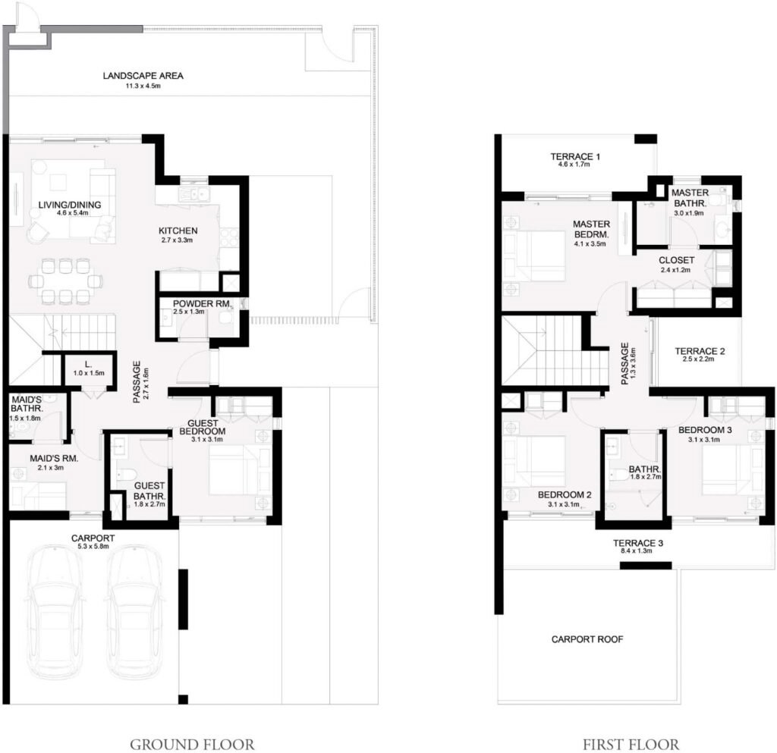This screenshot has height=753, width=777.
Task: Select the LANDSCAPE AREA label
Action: coord(143,76)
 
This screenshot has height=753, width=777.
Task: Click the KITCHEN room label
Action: coord(178,231)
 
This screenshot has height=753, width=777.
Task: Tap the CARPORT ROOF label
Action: coord(587,639)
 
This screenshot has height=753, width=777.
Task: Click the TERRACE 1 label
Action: coord(575,157)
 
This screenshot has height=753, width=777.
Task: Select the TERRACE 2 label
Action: coord(700,351)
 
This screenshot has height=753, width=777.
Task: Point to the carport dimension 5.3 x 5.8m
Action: coord(93,546)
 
